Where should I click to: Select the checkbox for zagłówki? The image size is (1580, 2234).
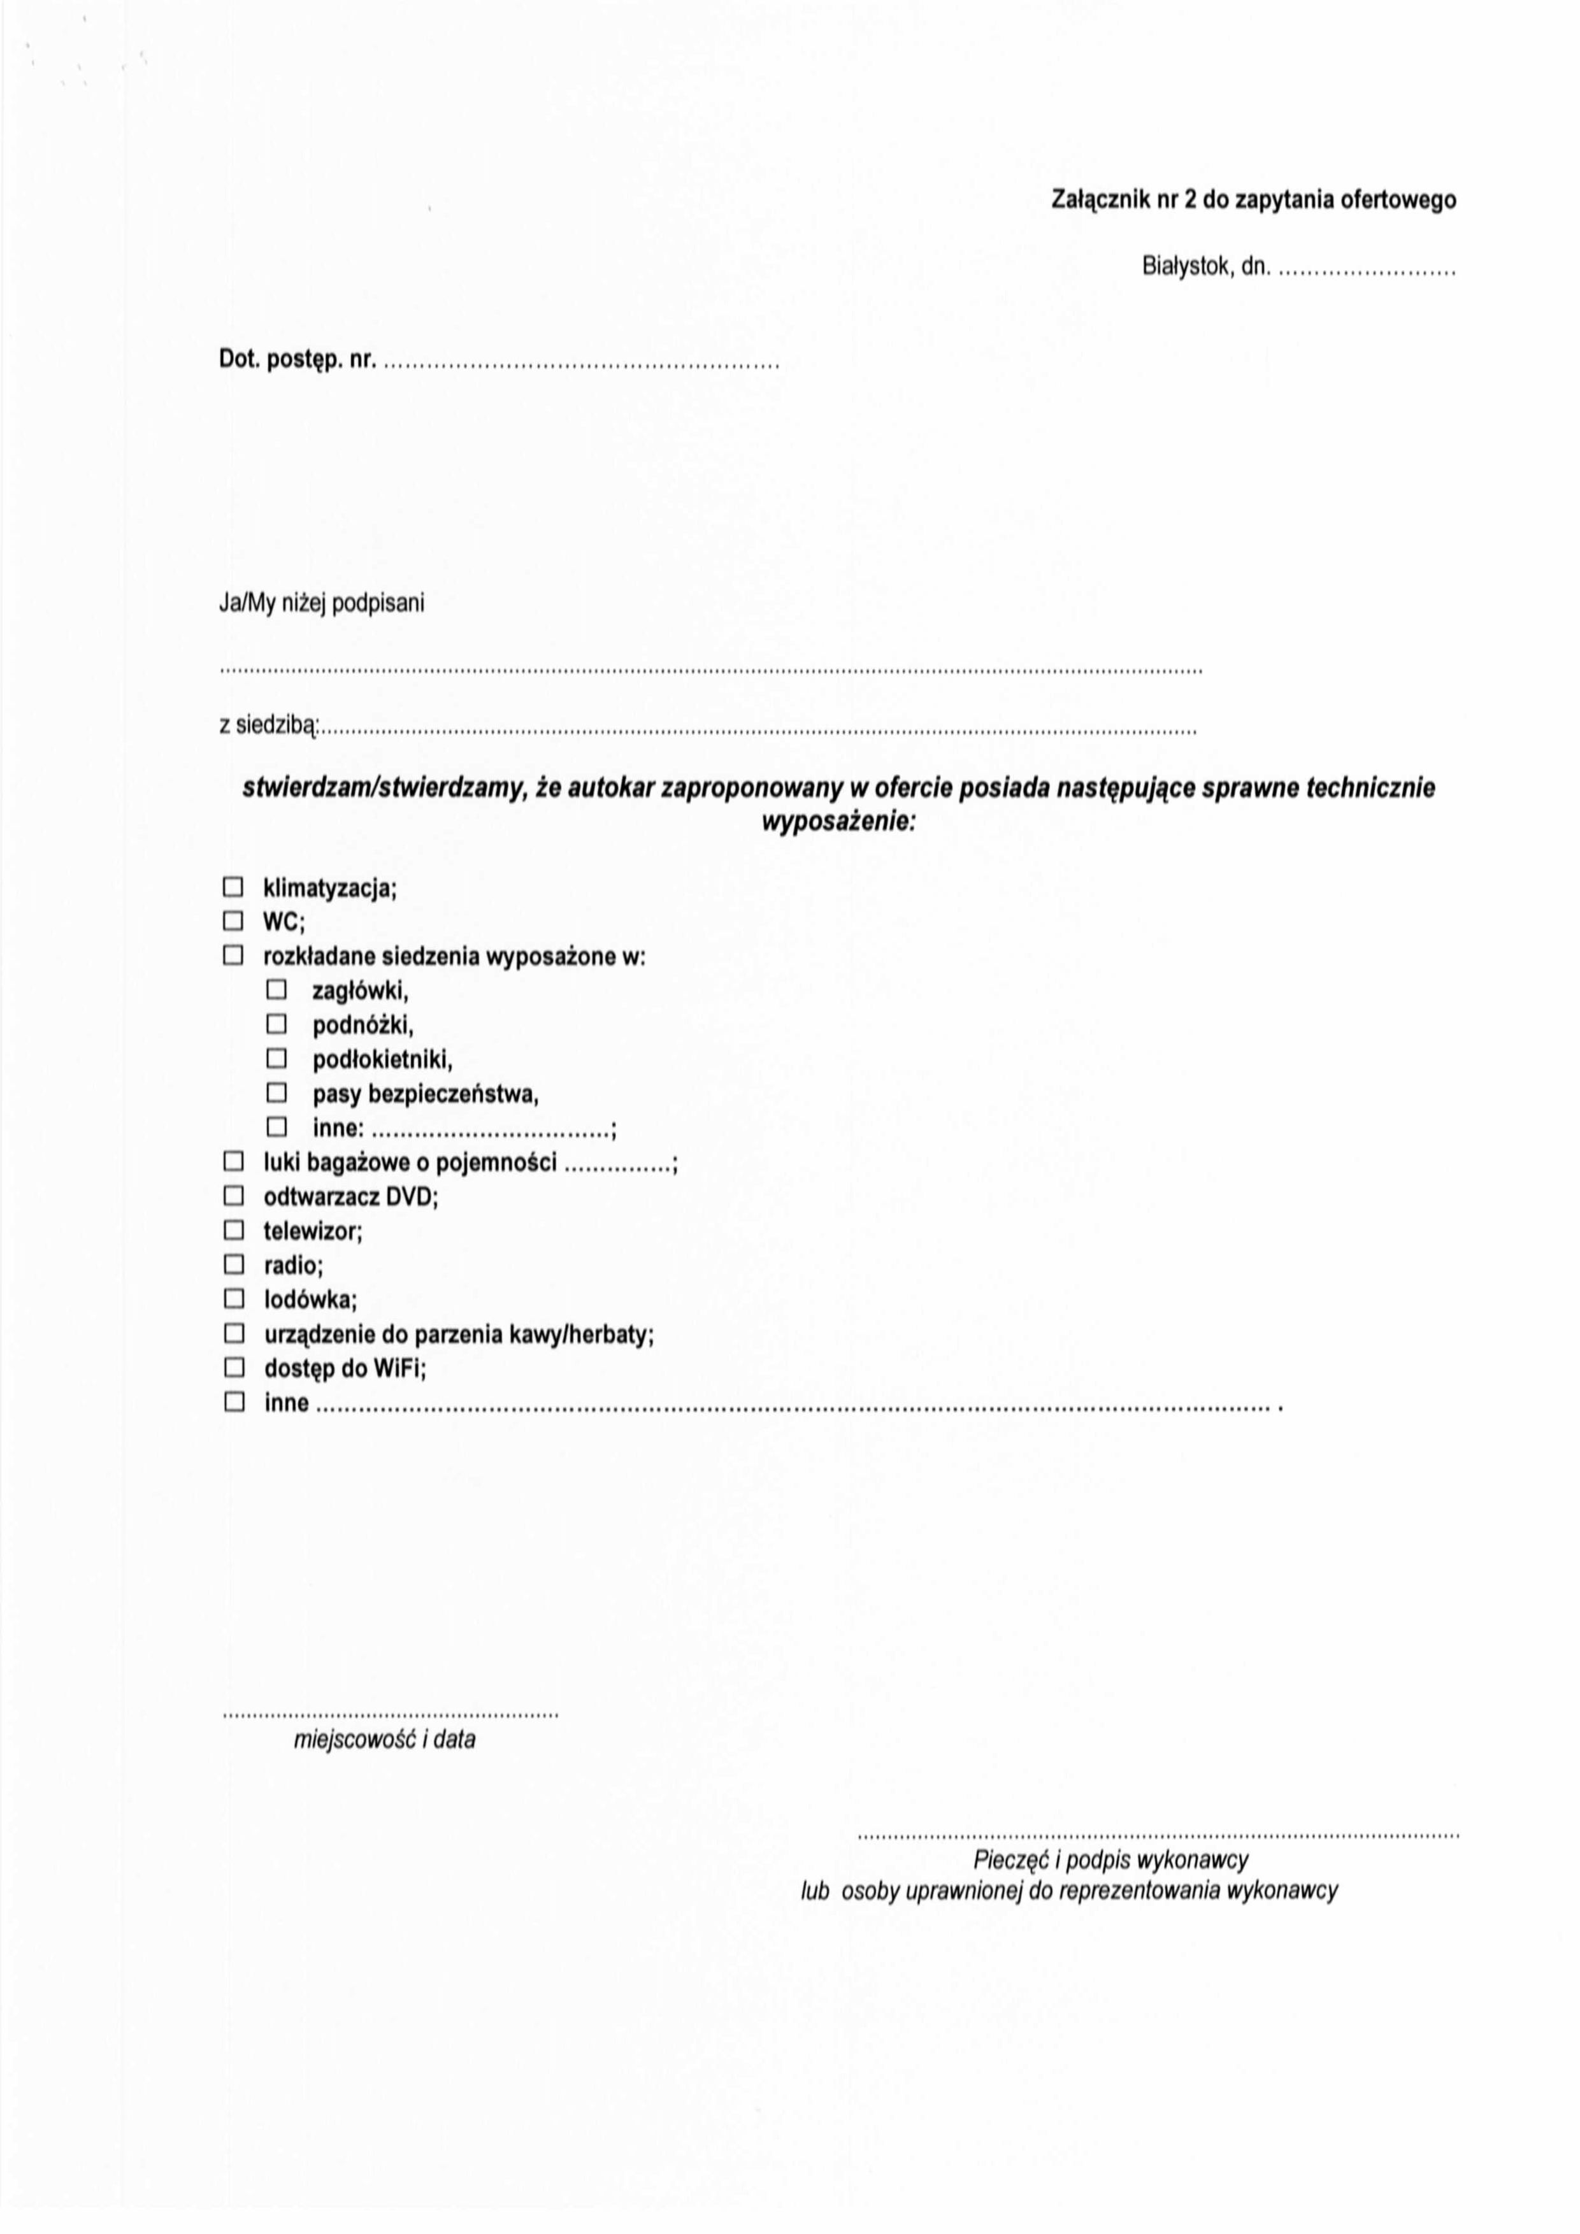(277, 991)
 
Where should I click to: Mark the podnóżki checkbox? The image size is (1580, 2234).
(277, 1024)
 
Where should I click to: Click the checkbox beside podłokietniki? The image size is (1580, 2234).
(277, 1059)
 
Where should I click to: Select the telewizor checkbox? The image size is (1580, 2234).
(234, 1231)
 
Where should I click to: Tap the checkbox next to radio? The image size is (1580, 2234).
(234, 1265)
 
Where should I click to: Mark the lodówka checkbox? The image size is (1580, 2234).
(234, 1299)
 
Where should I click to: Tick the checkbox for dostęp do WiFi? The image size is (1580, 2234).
(234, 1368)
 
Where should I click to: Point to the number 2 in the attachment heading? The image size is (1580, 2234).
(1189, 201)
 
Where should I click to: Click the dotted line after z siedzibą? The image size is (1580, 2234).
(759, 730)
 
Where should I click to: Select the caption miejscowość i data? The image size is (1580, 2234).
(384, 1740)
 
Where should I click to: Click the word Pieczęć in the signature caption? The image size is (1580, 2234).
(1007, 1860)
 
